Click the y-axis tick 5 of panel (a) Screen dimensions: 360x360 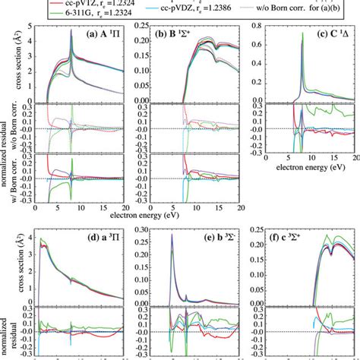pyautogui.click(x=30, y=26)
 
